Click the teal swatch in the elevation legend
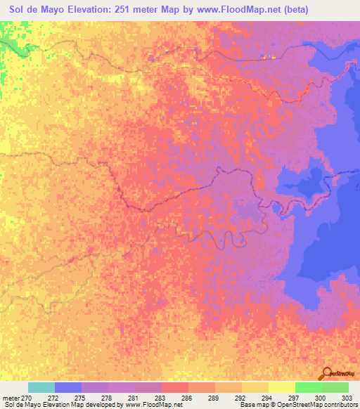(41, 387)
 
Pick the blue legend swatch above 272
(68, 387)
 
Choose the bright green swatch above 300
(308, 387)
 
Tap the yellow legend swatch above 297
(281, 387)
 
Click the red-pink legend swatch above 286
(174, 387)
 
